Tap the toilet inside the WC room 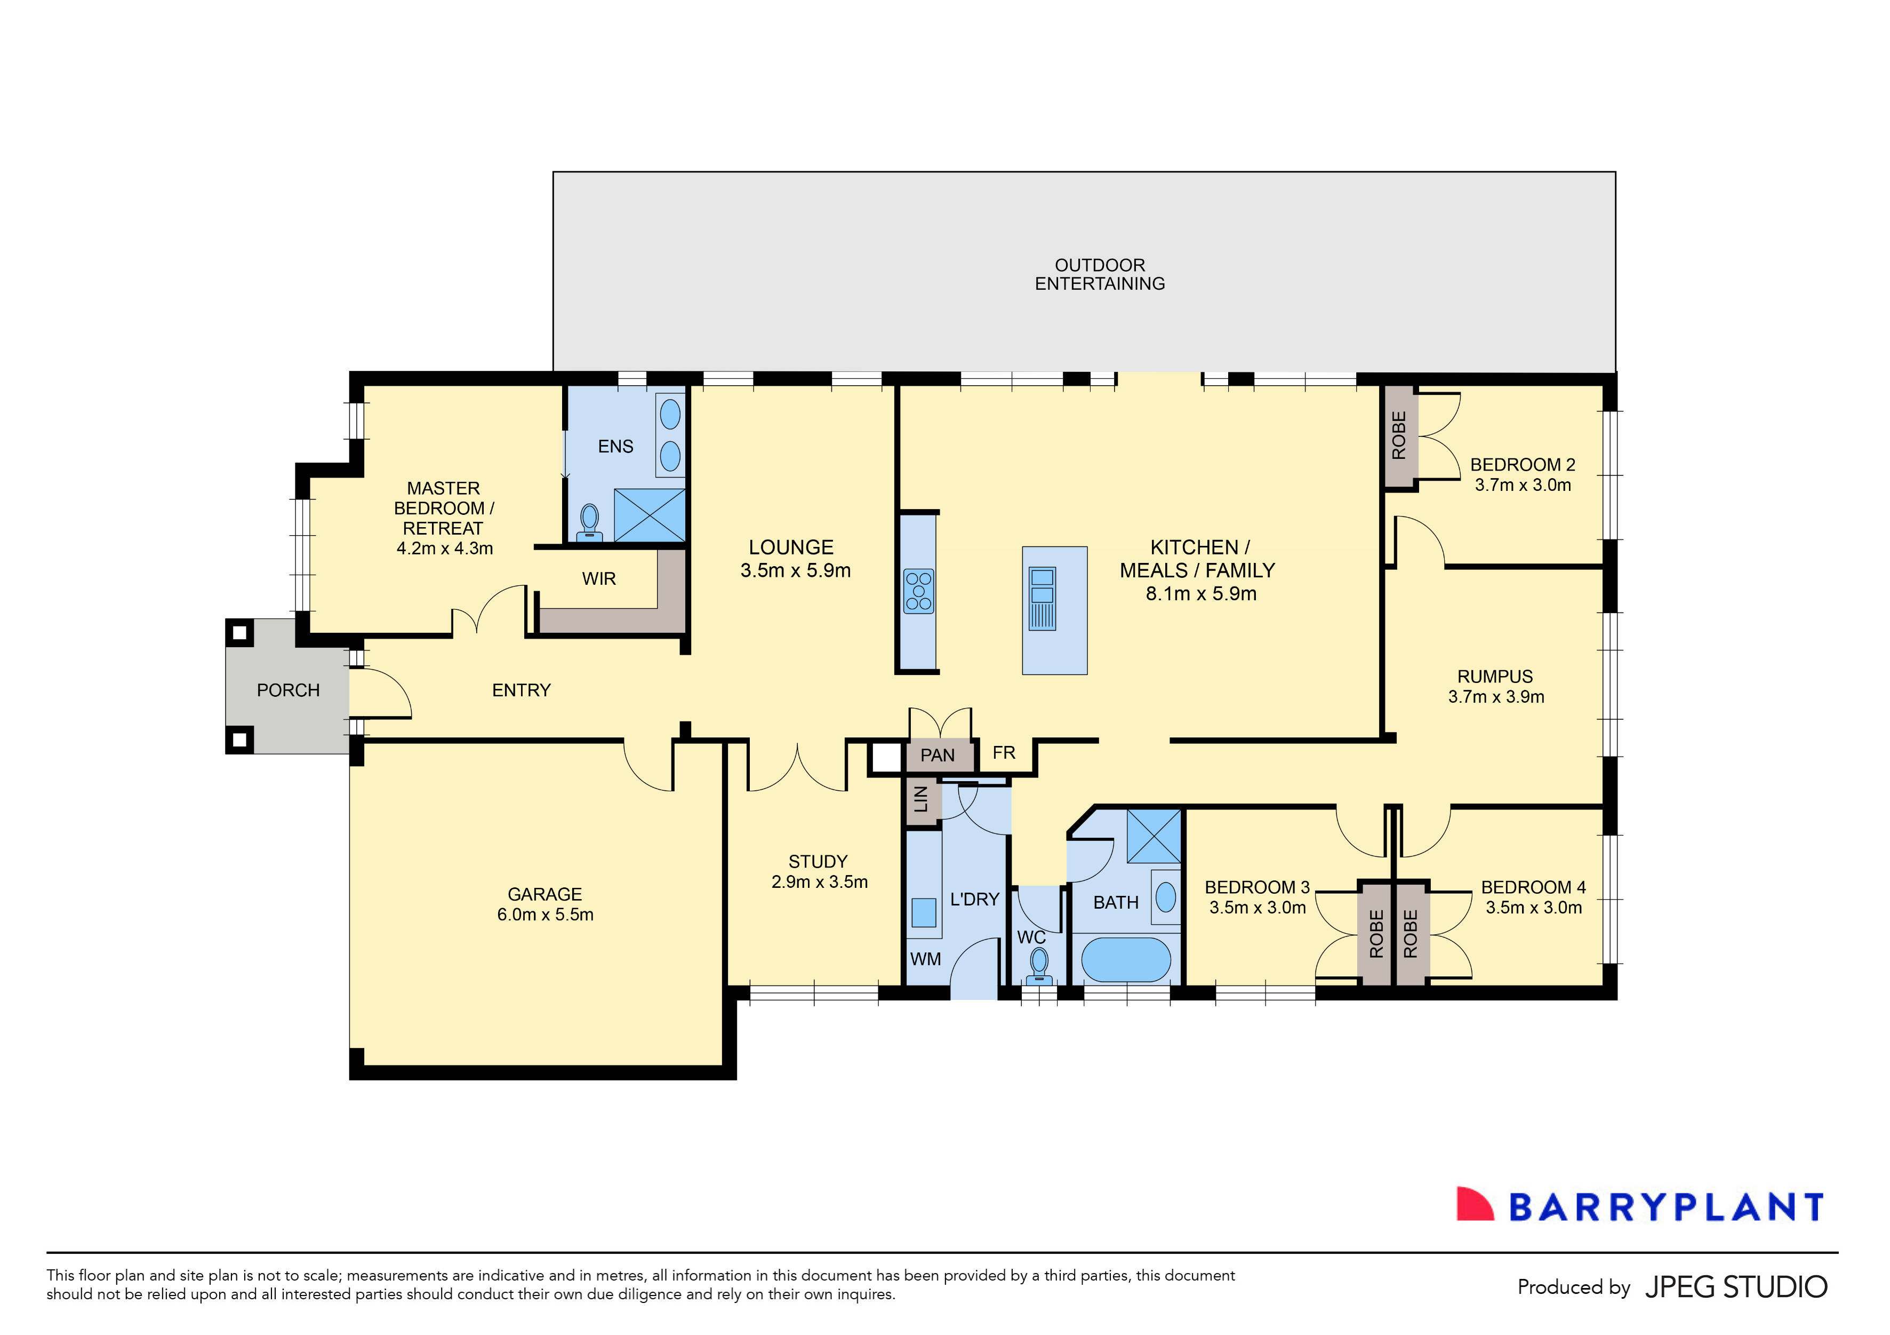coord(1039,964)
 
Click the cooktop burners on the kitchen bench coord(919,591)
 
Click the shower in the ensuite coord(650,515)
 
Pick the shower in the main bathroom coord(1154,836)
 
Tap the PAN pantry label coord(938,755)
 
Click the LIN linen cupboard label coord(921,798)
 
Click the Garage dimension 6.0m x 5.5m coord(545,914)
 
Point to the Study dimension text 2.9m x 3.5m coord(819,882)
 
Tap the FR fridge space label coord(1004,753)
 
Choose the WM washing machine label coord(925,959)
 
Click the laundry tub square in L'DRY coord(924,912)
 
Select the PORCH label coord(288,690)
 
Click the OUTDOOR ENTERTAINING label coord(1100,274)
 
